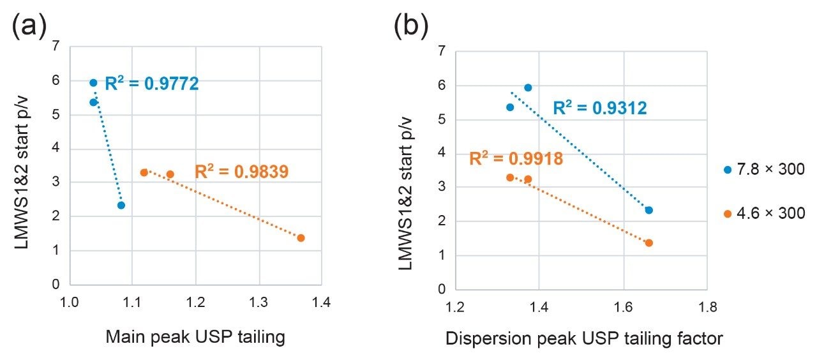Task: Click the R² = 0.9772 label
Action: pos(152,84)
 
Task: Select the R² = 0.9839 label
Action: pos(242,171)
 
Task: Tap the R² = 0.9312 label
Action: pos(600,109)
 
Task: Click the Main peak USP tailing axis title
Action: pos(195,336)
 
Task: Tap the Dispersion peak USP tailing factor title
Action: pos(585,338)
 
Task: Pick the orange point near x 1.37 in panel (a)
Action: pos(301,238)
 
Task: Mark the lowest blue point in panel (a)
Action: pos(121,206)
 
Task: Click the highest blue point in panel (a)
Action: pos(93,83)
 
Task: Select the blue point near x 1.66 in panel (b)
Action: pos(649,210)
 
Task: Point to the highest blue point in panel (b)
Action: pos(528,88)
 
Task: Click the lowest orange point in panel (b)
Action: pos(649,243)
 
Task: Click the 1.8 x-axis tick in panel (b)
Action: pos(707,308)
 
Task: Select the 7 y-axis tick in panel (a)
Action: pos(57,46)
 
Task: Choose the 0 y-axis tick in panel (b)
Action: pos(442,289)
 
